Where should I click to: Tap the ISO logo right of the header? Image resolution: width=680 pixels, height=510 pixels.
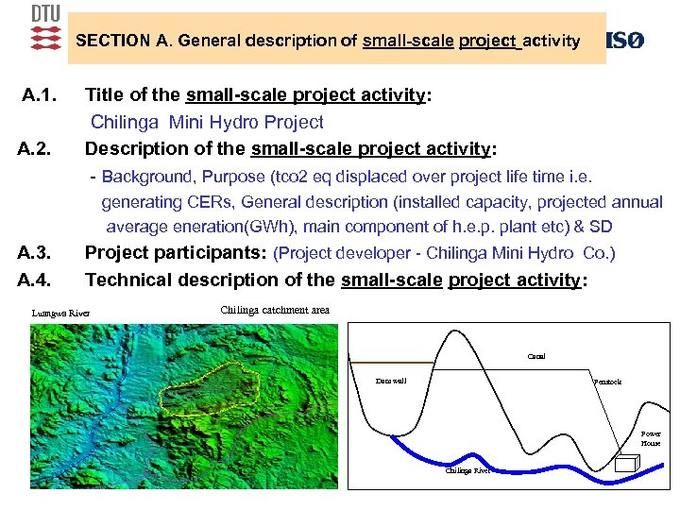point(624,41)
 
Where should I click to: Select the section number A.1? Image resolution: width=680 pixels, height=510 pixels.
point(41,95)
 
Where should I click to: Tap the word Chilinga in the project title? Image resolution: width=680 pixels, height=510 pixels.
point(126,122)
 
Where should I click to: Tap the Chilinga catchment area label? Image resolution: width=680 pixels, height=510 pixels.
point(275,310)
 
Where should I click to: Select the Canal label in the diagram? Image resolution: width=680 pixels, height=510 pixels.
point(535,356)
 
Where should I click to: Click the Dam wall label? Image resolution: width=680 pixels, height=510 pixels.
point(391,381)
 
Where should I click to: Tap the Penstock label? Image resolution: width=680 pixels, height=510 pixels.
point(607,381)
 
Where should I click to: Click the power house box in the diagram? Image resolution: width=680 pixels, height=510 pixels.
point(625,464)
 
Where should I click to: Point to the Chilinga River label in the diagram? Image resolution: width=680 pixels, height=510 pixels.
point(467,470)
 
